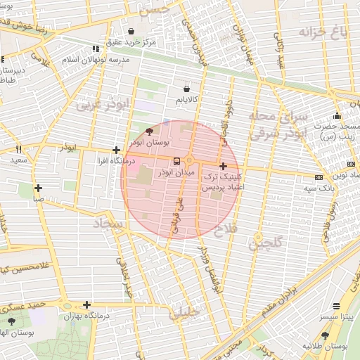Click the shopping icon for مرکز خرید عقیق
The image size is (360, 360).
click(132, 31)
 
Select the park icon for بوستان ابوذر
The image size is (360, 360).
click(148, 131)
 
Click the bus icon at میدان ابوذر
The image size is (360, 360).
click(176, 161)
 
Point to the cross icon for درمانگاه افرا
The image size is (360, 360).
click(116, 150)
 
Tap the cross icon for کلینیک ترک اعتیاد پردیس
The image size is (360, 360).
click(224, 167)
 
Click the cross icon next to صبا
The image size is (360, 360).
click(38, 188)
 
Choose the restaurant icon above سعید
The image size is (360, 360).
click(19, 149)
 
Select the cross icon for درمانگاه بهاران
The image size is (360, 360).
click(86, 304)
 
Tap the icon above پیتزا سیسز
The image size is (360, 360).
click(337, 306)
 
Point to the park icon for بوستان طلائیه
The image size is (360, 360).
click(326, 335)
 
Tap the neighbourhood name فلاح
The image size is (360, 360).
click(229, 229)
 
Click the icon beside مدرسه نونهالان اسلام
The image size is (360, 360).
click(96, 49)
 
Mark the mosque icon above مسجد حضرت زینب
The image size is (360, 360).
click(337, 116)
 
